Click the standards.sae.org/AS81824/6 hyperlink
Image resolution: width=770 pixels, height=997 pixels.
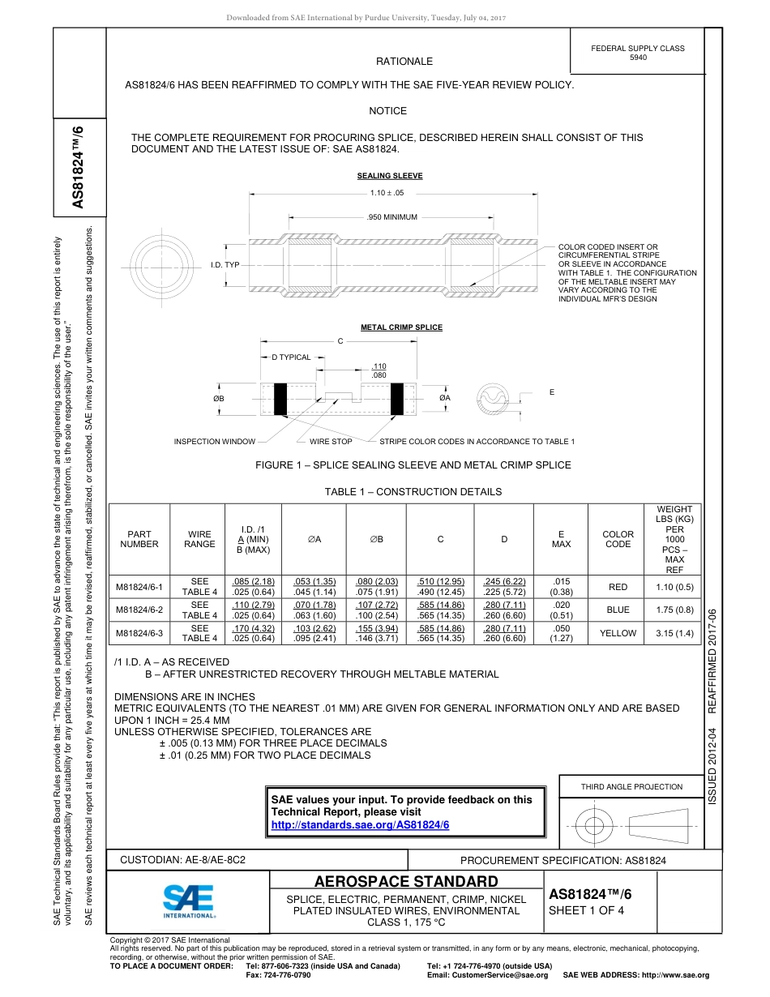pos(360,824)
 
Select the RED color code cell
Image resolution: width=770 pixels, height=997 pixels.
pos(618,587)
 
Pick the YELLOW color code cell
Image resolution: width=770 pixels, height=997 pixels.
pos(618,633)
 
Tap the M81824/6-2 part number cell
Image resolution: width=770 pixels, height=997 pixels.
pos(139,610)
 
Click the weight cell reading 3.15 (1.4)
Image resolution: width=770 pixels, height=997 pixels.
pos(674,633)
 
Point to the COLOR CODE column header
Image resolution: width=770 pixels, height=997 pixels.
pos(618,539)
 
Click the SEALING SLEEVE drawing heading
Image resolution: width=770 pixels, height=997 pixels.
pos(390,176)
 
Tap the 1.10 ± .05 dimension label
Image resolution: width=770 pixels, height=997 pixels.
pos(387,193)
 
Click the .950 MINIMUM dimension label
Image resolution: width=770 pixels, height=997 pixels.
pos(391,217)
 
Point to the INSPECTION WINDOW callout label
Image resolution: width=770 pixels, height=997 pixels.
pos(215,442)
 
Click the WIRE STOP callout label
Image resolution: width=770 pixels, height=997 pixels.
pos(331,442)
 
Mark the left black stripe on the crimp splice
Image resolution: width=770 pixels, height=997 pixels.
pos(281,398)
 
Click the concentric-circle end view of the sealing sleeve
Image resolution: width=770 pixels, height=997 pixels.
pos(158,263)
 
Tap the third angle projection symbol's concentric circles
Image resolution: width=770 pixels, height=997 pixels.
pos(595,826)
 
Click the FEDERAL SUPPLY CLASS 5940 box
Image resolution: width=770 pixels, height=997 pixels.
pos(637,53)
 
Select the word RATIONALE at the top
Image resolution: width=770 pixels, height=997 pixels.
pos(404,62)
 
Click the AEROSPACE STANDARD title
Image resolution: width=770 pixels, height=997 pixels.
pos(406,882)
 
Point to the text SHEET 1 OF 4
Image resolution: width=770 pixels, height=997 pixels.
pos(580,910)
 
